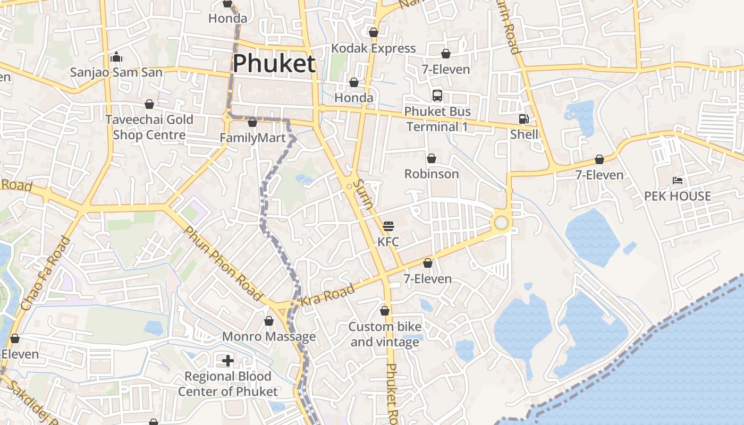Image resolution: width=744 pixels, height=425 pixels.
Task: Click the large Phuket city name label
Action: pos(274,63)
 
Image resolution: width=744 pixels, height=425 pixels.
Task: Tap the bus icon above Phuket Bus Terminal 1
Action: pos(437,96)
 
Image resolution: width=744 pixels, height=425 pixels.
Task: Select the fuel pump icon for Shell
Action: pos(524,119)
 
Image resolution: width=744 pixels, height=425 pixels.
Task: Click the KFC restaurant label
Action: pos(388,242)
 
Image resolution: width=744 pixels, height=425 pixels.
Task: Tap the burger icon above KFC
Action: pos(388,226)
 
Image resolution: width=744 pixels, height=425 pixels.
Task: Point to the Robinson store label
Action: pos(432,174)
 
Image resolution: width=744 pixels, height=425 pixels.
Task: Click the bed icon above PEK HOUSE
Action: pos(678,181)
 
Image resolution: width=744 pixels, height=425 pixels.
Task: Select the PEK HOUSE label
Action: pos(678,196)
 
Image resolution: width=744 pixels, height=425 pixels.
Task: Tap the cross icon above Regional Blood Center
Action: pos(228,361)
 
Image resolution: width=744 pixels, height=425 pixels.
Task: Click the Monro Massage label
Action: pos(269,337)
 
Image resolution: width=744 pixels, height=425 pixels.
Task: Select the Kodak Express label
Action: pos(374,48)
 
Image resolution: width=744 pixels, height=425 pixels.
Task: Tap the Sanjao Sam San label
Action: pos(116,72)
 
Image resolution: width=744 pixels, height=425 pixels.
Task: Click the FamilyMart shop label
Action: pos(253,138)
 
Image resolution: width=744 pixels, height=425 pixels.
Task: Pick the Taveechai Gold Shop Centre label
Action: pos(149,127)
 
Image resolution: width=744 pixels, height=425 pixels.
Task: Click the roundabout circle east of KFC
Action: pos(501,222)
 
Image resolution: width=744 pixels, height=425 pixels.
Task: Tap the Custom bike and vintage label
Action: pos(385,334)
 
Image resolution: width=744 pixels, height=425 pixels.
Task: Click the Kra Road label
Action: pos(328,295)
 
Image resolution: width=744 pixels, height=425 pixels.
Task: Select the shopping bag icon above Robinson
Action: pos(432,158)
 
